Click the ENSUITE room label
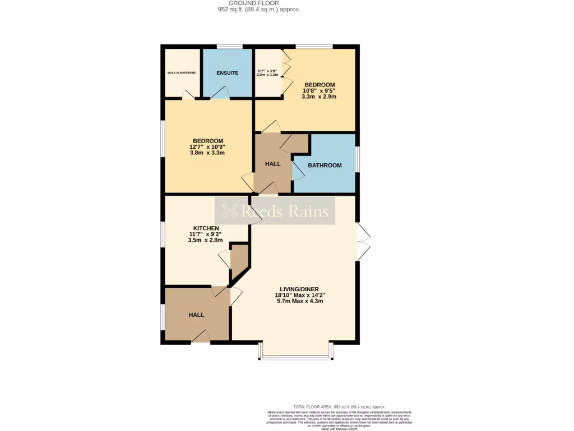point(227,73)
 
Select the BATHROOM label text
point(325,166)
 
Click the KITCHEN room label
point(206,228)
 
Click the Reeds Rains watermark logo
point(275,211)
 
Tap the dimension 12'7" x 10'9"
point(208,147)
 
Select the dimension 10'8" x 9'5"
point(320,90)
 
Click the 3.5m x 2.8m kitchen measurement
point(205,240)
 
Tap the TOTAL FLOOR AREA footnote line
point(339,406)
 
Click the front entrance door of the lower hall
point(200,337)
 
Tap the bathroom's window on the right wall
point(357,159)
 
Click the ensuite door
point(220,93)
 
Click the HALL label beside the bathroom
point(272,164)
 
